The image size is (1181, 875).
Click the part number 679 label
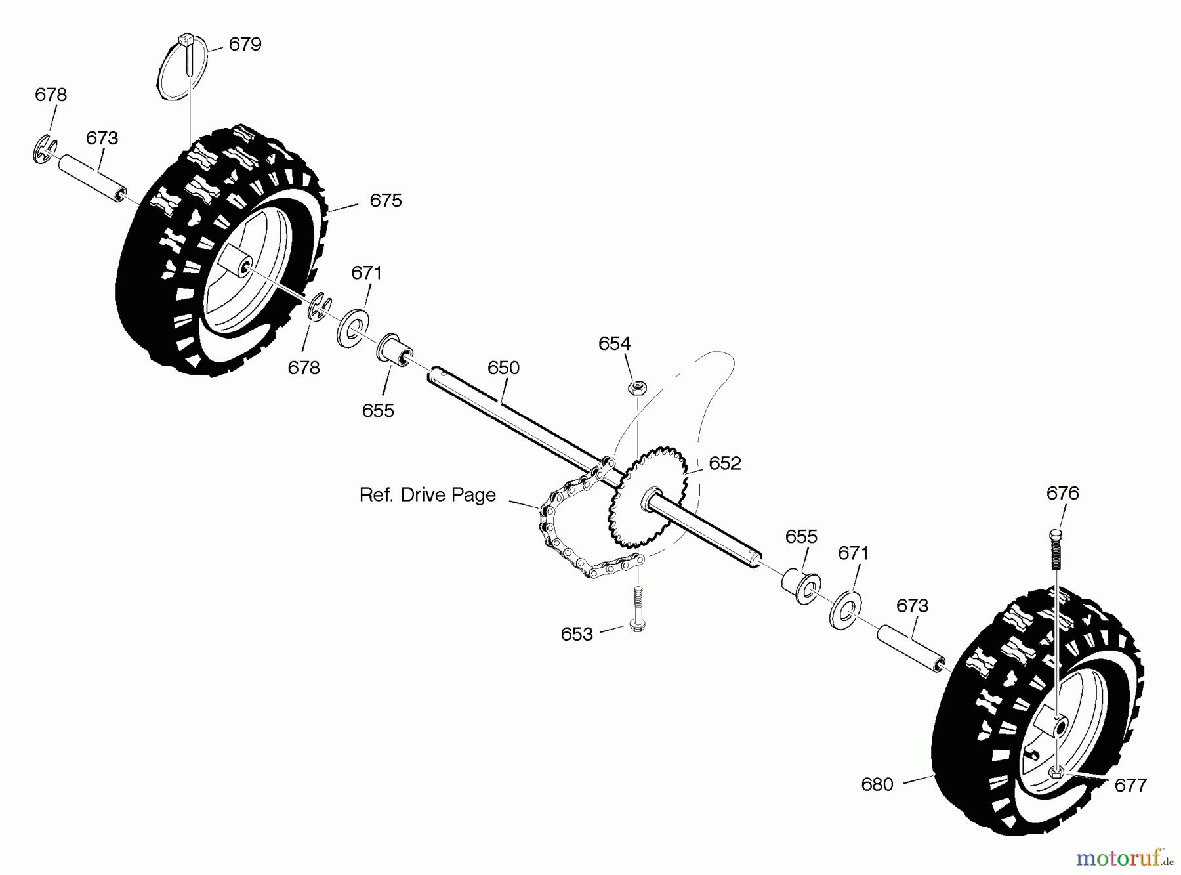tap(245, 44)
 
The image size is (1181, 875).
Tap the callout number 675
tap(385, 200)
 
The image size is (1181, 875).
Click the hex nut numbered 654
tap(635, 387)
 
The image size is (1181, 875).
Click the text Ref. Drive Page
tap(427, 495)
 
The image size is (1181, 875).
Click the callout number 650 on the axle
tap(503, 368)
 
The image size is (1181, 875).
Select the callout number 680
tap(877, 784)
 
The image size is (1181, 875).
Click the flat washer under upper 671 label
tap(353, 326)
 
